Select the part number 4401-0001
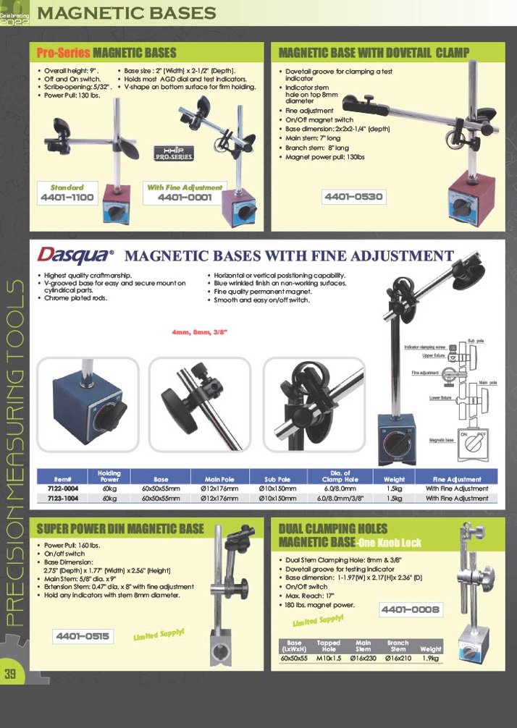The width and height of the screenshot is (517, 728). [185, 197]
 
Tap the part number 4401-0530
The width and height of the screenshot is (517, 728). [353, 196]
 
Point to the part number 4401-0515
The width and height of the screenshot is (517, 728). [83, 636]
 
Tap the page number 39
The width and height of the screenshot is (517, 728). [11, 674]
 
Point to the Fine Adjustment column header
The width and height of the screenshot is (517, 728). [456, 479]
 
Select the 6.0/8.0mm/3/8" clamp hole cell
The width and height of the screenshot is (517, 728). [340, 498]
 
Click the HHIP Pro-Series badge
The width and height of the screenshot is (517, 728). [174, 153]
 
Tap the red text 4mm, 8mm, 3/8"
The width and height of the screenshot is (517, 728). [199, 332]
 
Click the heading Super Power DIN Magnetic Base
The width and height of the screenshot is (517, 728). [120, 529]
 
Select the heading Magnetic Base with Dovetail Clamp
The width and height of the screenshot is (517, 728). [374, 52]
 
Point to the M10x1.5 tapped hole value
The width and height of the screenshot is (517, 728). [328, 659]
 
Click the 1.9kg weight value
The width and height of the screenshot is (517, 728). [430, 659]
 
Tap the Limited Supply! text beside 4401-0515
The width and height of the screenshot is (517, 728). [159, 634]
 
